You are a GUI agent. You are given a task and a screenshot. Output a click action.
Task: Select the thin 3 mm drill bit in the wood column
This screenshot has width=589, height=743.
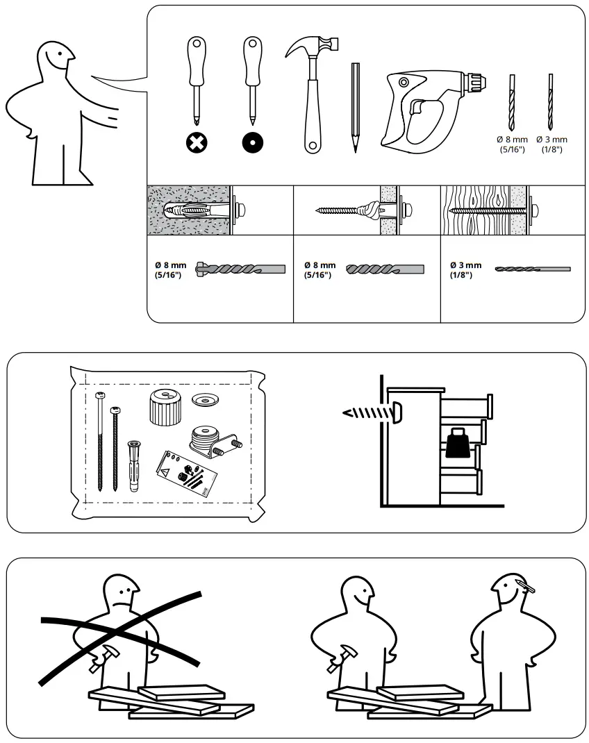point(532,268)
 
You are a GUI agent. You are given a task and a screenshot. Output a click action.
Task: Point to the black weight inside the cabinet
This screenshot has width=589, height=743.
point(460,443)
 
